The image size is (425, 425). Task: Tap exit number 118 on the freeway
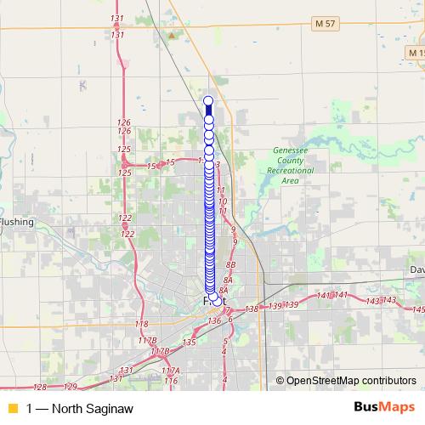coord(141,324)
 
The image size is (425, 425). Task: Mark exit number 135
coord(189,342)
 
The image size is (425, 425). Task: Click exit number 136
coord(214,320)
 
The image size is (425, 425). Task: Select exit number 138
coord(251,309)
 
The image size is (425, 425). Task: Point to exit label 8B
coord(229,266)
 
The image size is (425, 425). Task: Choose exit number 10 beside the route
coord(223,201)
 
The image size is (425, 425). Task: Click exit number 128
coord(39,387)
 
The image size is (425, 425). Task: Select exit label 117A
coord(171,371)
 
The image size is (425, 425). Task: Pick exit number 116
coord(171,380)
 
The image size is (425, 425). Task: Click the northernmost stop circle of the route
coord(208,101)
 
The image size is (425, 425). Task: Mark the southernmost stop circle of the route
coord(218,301)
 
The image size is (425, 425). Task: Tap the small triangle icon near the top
coord(172,37)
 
